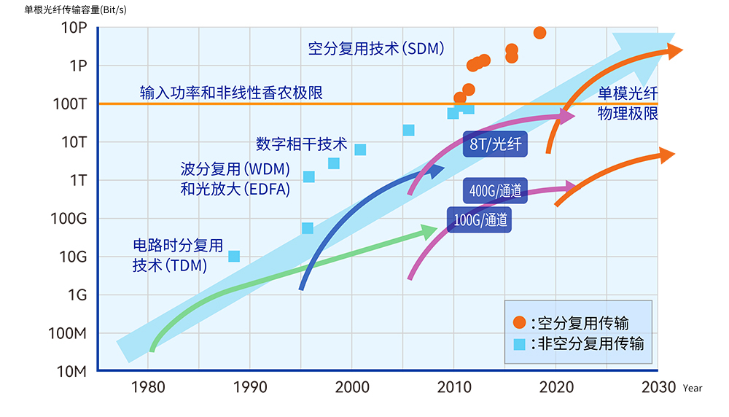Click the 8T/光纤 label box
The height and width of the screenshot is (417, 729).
pos(496,144)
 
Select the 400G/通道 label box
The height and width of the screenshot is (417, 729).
pos(496,191)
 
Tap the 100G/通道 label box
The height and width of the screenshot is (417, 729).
pos(480,219)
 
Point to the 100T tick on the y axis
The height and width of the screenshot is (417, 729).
pos(72,104)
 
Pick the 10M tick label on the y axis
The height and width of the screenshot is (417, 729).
pos(72,372)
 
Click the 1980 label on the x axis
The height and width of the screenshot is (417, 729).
pos(149,387)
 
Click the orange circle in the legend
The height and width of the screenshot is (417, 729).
pos(519,322)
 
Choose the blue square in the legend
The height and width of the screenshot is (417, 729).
pos(519,343)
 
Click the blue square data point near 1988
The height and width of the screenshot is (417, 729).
pos(234,256)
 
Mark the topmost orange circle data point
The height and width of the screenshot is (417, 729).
pos(539,33)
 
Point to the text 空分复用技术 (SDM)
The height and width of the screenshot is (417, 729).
pos(376,49)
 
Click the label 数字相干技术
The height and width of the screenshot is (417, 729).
pos(302,142)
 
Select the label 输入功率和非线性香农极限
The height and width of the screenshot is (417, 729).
pos(231,93)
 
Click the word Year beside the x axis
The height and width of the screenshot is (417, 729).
pos(693,389)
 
